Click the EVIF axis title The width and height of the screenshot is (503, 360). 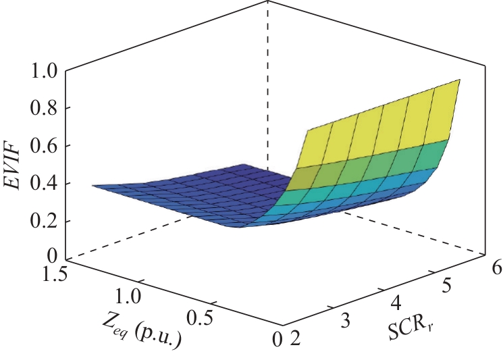pyautogui.click(x=15, y=164)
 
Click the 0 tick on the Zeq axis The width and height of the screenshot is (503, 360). pyautogui.click(x=275, y=340)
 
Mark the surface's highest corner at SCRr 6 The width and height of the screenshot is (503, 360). pyautogui.click(x=460, y=79)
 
